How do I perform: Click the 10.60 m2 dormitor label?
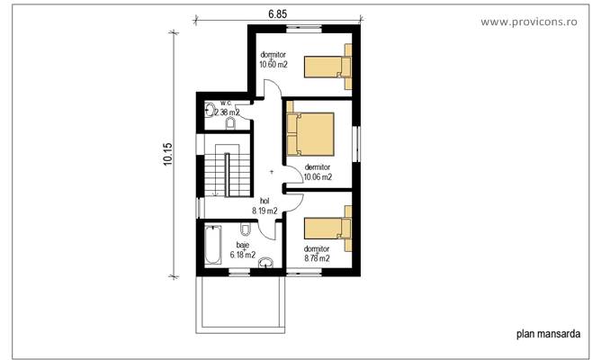273,59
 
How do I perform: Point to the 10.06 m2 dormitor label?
318,172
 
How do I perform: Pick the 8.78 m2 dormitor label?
316,254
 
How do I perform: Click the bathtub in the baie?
212,247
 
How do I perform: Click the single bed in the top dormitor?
327,64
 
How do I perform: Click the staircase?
224,173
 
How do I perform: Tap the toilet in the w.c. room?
229,123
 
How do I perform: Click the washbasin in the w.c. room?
209,111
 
